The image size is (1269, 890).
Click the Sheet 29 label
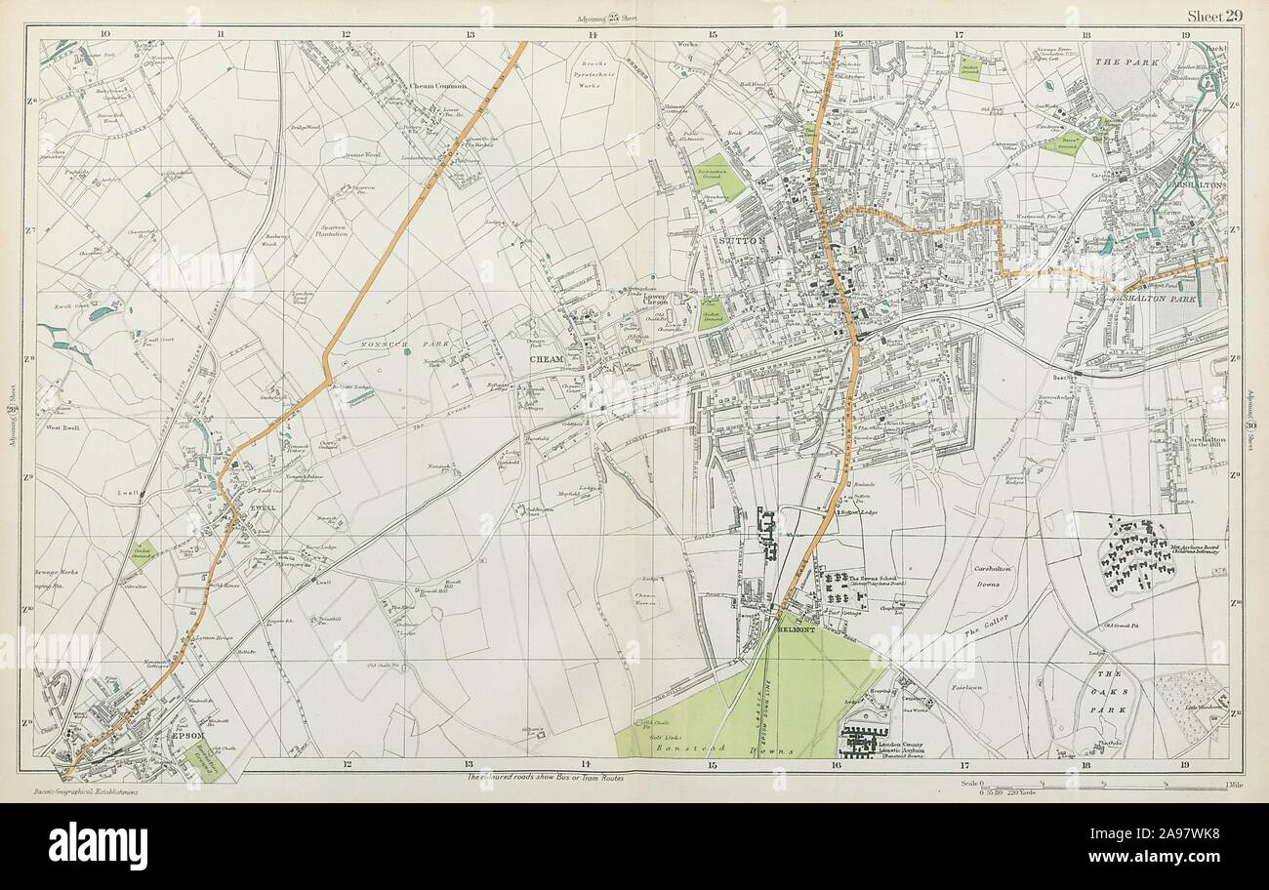[x=1213, y=14]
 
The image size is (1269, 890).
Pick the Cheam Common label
[x=438, y=86]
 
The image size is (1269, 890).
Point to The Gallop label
[x=987, y=621]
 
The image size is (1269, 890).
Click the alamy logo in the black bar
[x=98, y=845]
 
